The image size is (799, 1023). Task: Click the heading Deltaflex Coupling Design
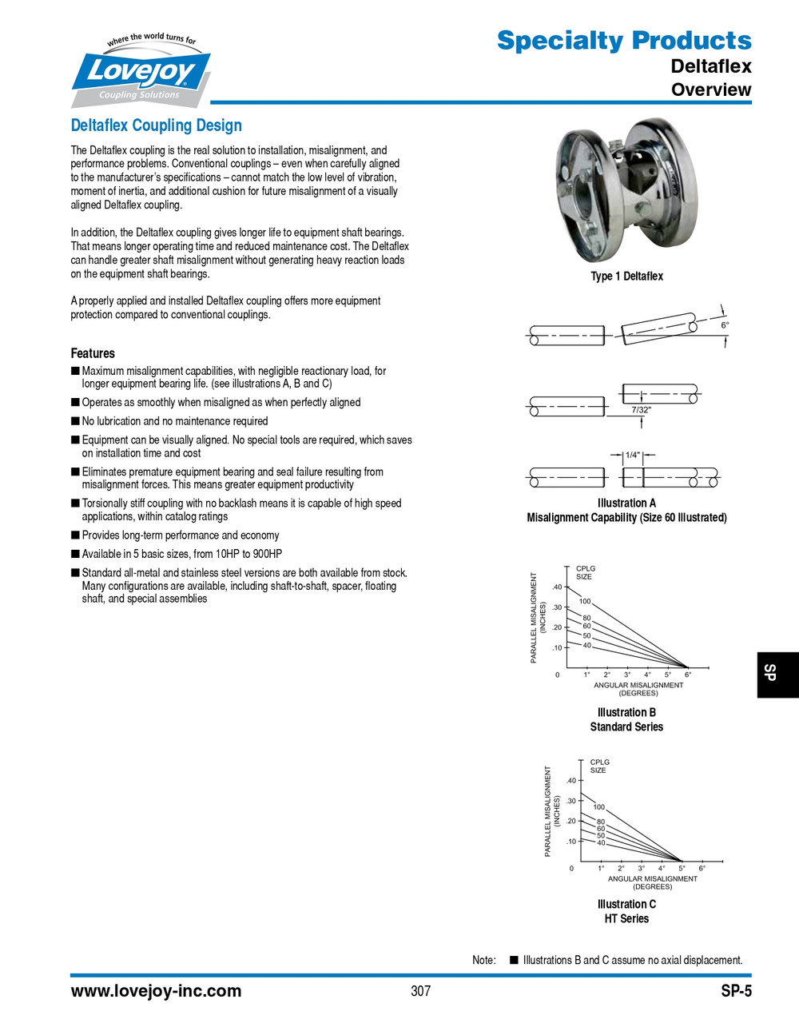coord(156,125)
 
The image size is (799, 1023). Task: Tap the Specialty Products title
coord(623,40)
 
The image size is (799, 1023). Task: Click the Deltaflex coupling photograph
coord(626,191)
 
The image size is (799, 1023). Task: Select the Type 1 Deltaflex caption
coord(626,277)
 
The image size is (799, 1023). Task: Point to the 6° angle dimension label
coord(725,325)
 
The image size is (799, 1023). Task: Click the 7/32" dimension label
coord(642,410)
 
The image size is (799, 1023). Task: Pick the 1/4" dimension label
coord(633,455)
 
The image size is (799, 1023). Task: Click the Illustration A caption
coord(626,504)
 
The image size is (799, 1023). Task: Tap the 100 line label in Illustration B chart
coord(585,601)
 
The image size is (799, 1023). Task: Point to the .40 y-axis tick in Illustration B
coord(556,587)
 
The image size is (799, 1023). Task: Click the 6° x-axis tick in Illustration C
coord(702,868)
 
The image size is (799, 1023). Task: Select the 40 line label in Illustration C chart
coord(601,843)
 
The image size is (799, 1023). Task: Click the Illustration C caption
coord(626,905)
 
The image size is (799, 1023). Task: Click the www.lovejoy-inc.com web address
coord(156,991)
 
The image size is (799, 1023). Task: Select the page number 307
coord(420,991)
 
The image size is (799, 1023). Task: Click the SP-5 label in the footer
coord(736,991)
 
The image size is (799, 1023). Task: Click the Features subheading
coord(93,353)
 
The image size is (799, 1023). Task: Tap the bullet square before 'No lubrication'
coord(75,421)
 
